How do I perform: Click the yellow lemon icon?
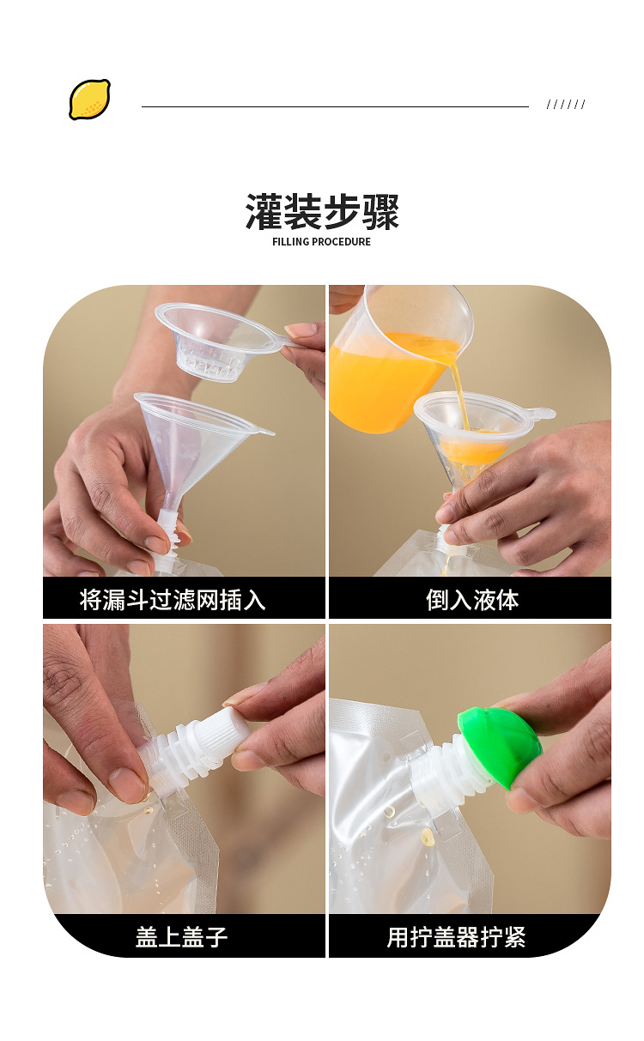click(x=89, y=99)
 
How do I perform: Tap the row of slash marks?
click(x=566, y=105)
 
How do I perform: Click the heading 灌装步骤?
click(x=322, y=212)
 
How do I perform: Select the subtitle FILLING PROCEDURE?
click(x=322, y=242)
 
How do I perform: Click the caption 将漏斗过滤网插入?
click(x=173, y=599)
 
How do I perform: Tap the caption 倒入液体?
click(x=471, y=599)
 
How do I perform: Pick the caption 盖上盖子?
click(x=181, y=936)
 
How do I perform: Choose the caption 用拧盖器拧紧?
click(x=456, y=936)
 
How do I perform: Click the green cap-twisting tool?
click(x=500, y=745)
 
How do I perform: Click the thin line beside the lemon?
click(x=335, y=106)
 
